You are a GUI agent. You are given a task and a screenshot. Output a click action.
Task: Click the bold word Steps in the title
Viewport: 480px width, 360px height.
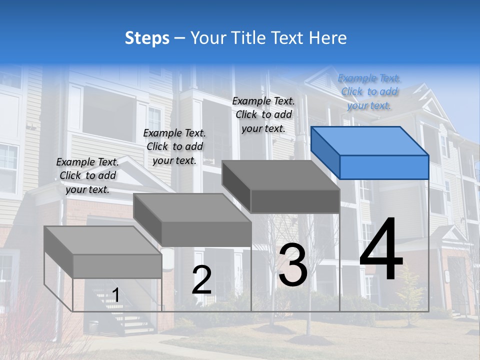click(147, 38)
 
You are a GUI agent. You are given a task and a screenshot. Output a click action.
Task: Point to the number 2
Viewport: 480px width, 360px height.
click(201, 280)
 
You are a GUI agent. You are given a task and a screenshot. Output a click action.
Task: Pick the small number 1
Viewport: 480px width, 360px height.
click(116, 295)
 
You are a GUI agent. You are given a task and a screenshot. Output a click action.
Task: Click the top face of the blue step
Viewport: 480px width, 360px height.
click(369, 140)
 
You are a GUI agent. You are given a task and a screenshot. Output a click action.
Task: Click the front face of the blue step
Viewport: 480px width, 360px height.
click(384, 167)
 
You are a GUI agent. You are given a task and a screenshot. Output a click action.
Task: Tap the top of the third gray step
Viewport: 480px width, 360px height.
click(280, 175)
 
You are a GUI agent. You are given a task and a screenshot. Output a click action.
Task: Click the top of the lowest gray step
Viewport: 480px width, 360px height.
click(102, 240)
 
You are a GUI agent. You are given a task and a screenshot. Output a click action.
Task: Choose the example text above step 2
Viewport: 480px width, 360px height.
click(174, 146)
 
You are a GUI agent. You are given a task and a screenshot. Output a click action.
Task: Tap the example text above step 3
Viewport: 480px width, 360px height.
click(263, 114)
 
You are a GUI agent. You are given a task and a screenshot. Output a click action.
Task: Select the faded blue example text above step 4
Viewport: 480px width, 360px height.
click(369, 91)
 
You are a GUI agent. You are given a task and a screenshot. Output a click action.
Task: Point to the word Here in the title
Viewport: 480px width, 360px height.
click(328, 38)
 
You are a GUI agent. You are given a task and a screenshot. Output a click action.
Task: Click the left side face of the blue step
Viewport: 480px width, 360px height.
click(325, 152)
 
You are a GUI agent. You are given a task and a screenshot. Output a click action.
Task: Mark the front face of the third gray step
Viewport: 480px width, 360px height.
click(295, 201)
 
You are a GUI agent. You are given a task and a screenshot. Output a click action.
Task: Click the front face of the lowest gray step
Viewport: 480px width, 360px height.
click(117, 266)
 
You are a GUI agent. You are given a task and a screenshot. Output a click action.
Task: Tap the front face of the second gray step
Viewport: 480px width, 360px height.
click(206, 234)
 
